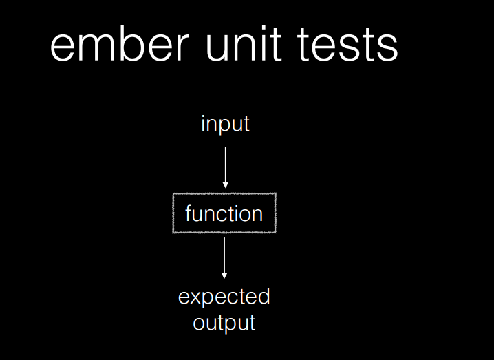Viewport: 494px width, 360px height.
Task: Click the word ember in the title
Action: pos(120,43)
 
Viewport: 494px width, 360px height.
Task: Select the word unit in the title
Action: pos(244,43)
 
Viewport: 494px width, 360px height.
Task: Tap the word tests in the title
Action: pos(347,44)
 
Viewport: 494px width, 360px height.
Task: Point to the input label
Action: pos(225,124)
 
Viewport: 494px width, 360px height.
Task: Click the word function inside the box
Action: pos(224,213)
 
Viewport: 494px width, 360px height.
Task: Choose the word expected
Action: pos(224,297)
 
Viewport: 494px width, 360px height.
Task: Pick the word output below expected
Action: pos(224,323)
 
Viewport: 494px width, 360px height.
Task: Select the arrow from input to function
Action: pos(225,167)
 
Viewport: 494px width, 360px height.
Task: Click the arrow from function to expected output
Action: pos(224,258)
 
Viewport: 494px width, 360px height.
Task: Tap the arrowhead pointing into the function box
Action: pos(225,185)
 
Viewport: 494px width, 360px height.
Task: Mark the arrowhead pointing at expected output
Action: pos(224,275)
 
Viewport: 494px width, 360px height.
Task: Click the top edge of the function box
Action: pos(224,193)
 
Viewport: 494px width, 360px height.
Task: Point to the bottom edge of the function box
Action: pos(224,233)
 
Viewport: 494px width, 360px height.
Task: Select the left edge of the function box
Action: pos(173,213)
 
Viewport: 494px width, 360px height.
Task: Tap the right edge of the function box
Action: pos(276,213)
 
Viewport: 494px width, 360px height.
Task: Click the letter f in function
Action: pos(189,213)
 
